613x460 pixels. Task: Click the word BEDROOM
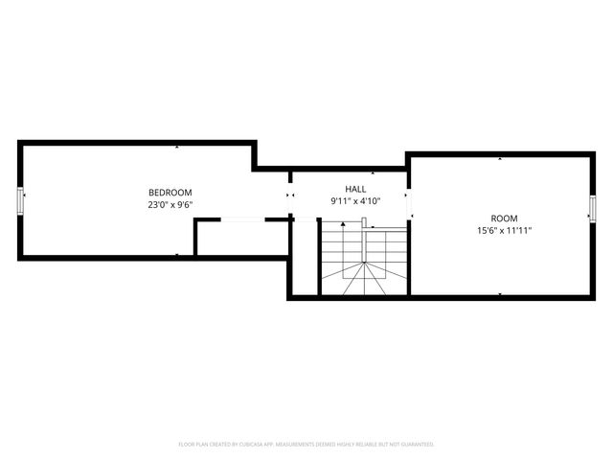[170, 192]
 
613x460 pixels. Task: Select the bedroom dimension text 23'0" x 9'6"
[170, 204]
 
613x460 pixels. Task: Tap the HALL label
[355, 189]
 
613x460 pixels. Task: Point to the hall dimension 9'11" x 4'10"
[355, 201]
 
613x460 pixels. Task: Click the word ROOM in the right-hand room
[504, 218]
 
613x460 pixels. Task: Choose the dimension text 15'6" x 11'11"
[504, 230]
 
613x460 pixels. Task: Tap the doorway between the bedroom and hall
[291, 195]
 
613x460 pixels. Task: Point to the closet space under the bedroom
[242, 239]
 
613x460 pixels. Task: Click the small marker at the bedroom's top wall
[177, 147]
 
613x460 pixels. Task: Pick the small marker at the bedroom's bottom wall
[177, 254]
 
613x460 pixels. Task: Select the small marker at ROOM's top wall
[500, 157]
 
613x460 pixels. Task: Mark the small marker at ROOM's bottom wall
[500, 294]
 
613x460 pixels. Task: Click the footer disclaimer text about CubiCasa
[306, 444]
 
